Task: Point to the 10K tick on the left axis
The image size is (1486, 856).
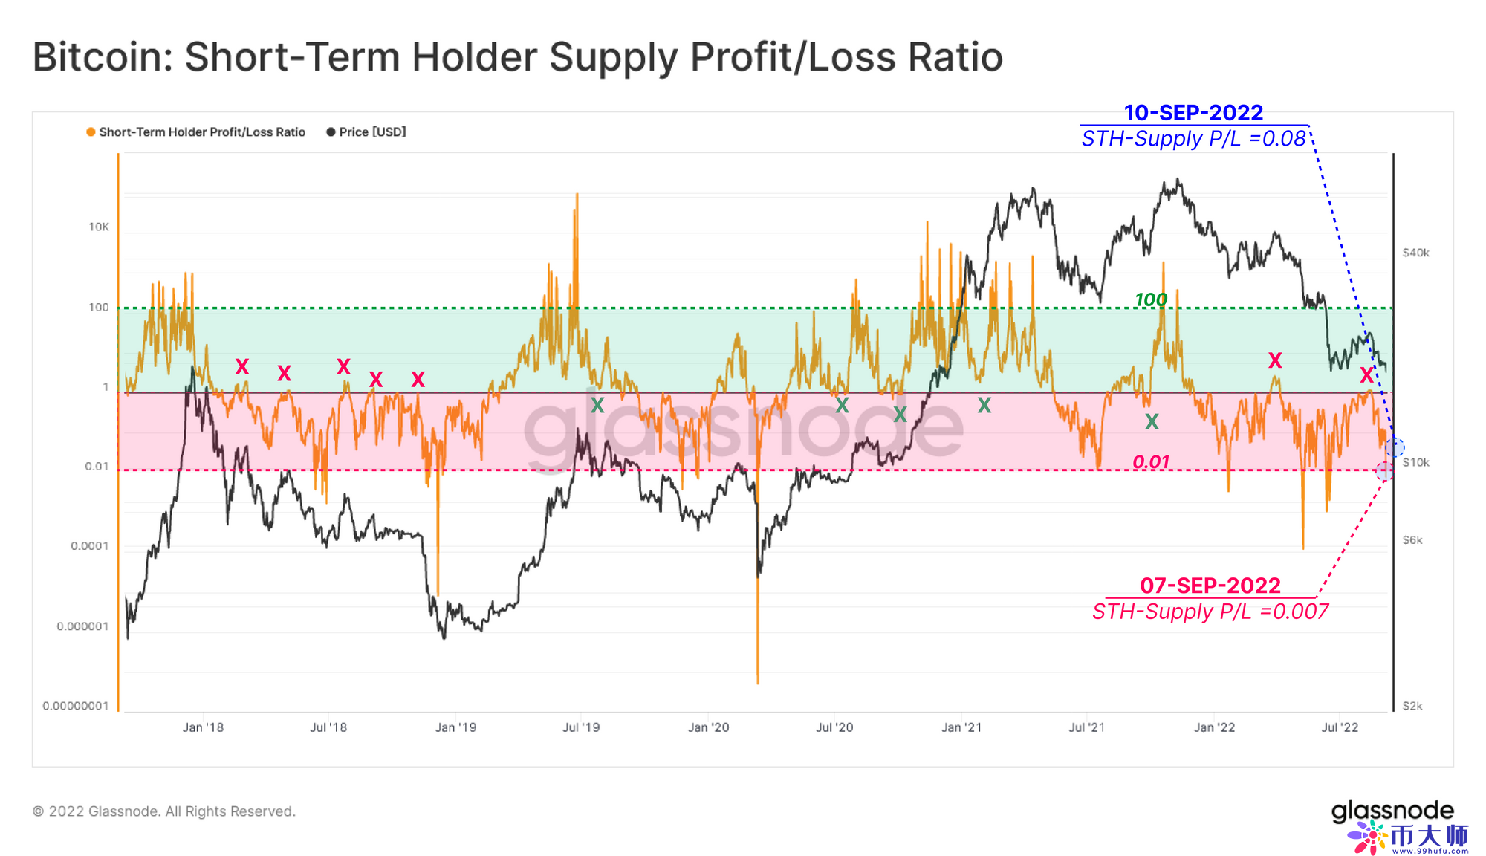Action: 99,227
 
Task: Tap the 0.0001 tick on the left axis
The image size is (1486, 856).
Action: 89,546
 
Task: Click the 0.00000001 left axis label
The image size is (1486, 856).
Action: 75,706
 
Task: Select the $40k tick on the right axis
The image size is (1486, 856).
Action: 1415,253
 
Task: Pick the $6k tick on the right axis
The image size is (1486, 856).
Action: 1412,540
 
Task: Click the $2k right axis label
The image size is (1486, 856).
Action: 1412,706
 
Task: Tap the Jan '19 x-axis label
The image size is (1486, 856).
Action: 455,727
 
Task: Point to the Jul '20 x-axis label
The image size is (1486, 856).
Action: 834,727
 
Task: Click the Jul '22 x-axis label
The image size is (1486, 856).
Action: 1340,727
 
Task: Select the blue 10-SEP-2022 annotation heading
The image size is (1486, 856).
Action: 1193,113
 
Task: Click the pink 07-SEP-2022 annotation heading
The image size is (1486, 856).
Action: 1210,586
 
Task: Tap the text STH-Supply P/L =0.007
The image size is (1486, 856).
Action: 1210,612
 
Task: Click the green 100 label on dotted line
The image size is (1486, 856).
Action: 1151,299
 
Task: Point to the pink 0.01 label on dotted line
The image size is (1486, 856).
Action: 1151,462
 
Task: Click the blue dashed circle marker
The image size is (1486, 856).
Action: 1395,447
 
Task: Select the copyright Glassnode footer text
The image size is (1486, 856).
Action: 164,811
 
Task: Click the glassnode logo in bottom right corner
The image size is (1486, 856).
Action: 1392,811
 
